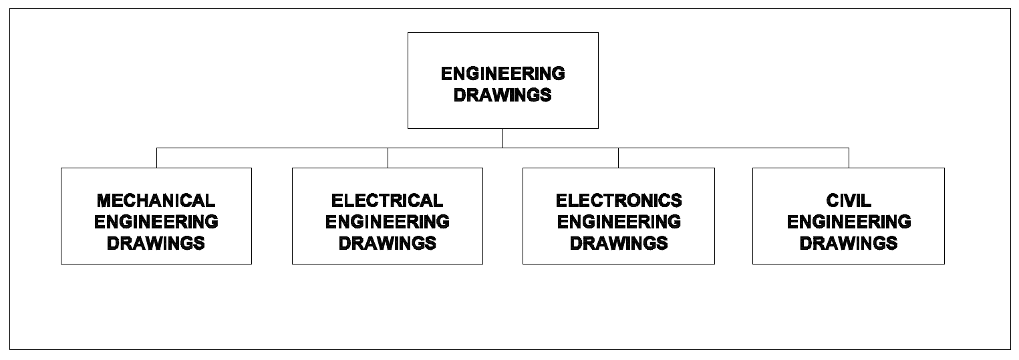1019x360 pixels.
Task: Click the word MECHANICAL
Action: (x=156, y=200)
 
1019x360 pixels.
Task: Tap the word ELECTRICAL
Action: (x=387, y=200)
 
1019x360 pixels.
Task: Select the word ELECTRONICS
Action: (x=619, y=200)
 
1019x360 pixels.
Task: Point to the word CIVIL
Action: (x=849, y=200)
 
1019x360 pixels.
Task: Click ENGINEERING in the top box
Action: (x=502, y=73)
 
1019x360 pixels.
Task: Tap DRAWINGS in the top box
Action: (x=502, y=95)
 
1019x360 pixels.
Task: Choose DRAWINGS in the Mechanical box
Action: (x=156, y=242)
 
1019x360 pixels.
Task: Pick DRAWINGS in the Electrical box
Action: (x=388, y=242)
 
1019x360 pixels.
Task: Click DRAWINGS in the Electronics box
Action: (x=619, y=242)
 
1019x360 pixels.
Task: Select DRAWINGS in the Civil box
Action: (x=849, y=242)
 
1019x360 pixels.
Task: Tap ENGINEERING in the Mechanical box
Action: (x=156, y=221)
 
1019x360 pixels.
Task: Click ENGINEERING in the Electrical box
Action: (x=388, y=221)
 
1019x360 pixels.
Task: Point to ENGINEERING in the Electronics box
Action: (x=619, y=221)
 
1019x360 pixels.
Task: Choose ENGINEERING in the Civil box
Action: (x=849, y=221)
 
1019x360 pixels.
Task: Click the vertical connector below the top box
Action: (x=502, y=138)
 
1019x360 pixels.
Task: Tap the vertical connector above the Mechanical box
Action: (x=156, y=158)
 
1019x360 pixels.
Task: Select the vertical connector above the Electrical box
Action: (x=388, y=158)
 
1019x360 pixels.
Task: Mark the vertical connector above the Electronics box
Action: (x=618, y=158)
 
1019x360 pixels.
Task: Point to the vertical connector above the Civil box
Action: (x=849, y=158)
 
